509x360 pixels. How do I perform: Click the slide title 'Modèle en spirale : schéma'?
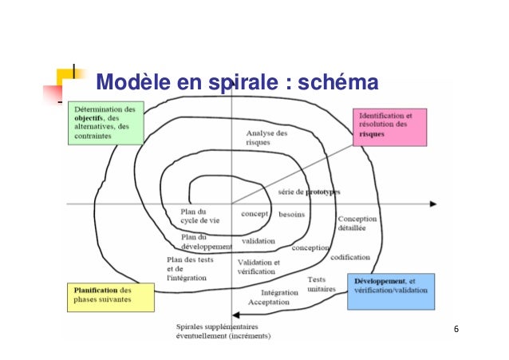235,83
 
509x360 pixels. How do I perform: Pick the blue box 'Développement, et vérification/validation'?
392,291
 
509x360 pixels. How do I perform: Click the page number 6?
456,330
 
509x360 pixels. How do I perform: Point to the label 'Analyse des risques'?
266,137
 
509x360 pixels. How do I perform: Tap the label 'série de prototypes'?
309,192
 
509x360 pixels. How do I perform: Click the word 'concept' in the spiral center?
255,215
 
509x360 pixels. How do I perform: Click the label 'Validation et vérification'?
258,267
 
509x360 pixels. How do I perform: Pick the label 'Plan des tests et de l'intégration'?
187,267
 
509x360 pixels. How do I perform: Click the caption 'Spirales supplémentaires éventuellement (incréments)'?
223,331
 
